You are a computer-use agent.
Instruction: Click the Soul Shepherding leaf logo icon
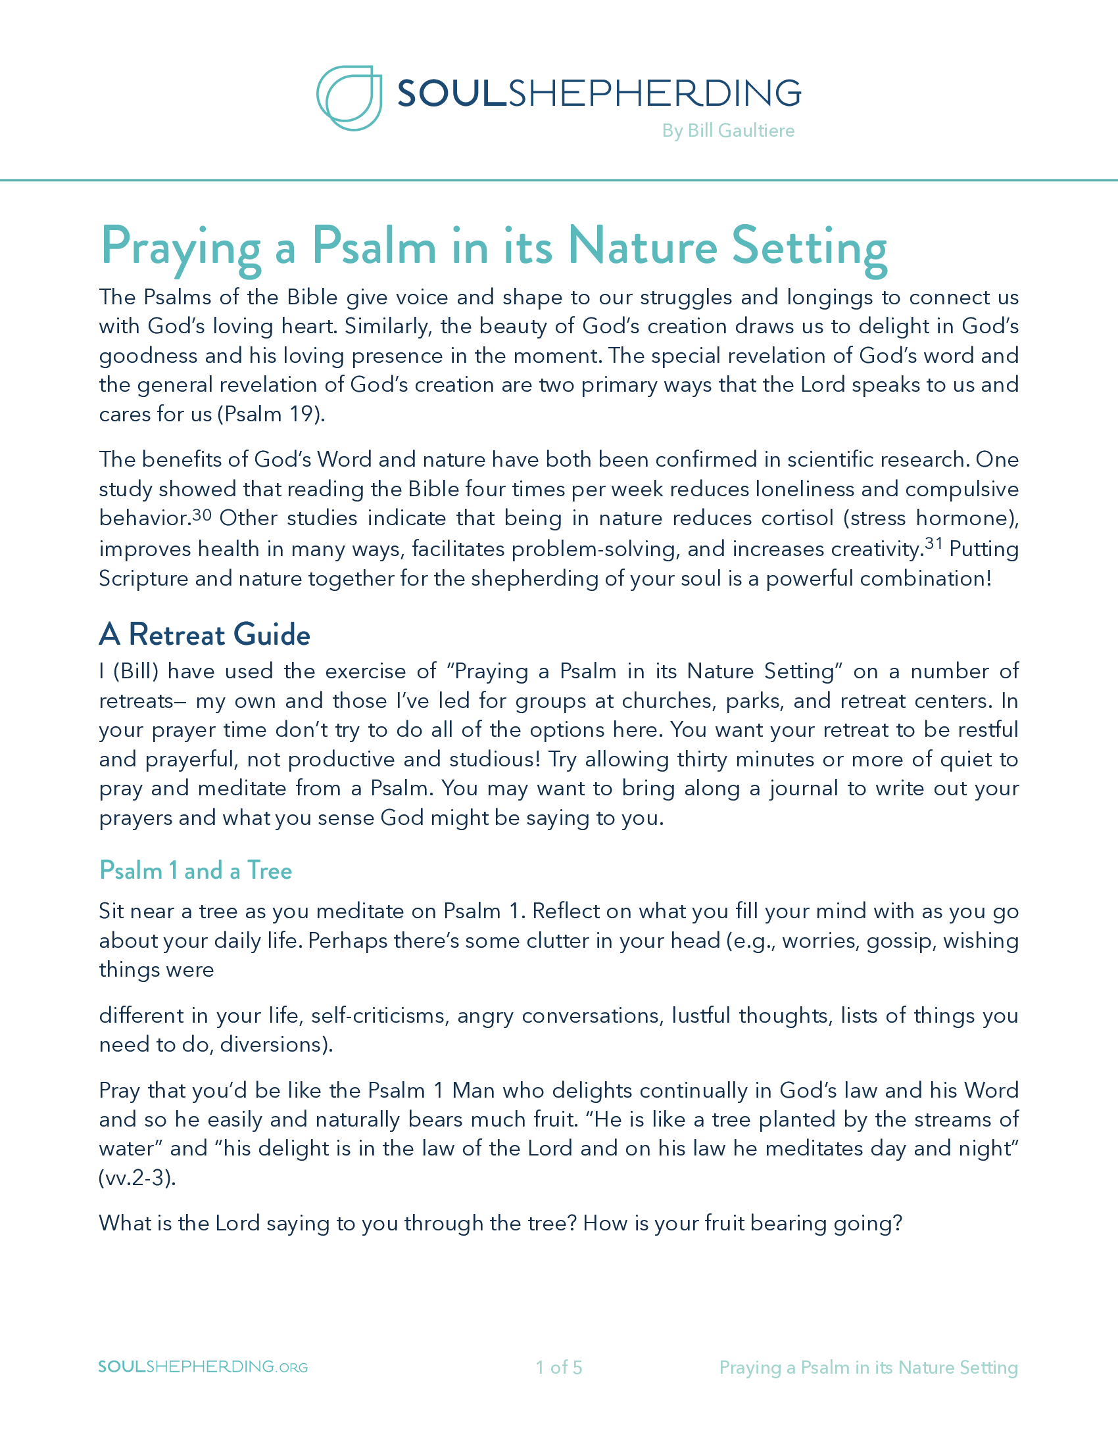point(350,97)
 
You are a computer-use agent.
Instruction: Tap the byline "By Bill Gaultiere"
point(728,130)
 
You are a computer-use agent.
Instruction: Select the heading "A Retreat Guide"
point(205,634)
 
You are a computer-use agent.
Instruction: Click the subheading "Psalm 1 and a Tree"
point(195,870)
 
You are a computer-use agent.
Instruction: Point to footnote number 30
point(202,514)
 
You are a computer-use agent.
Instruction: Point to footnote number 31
point(934,544)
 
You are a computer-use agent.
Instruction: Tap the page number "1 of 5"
point(559,1367)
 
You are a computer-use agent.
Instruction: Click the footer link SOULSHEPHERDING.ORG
point(203,1366)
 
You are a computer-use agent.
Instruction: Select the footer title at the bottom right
point(868,1367)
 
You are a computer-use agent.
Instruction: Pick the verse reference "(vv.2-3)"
point(137,1178)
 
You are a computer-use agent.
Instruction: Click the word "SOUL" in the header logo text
point(451,93)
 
